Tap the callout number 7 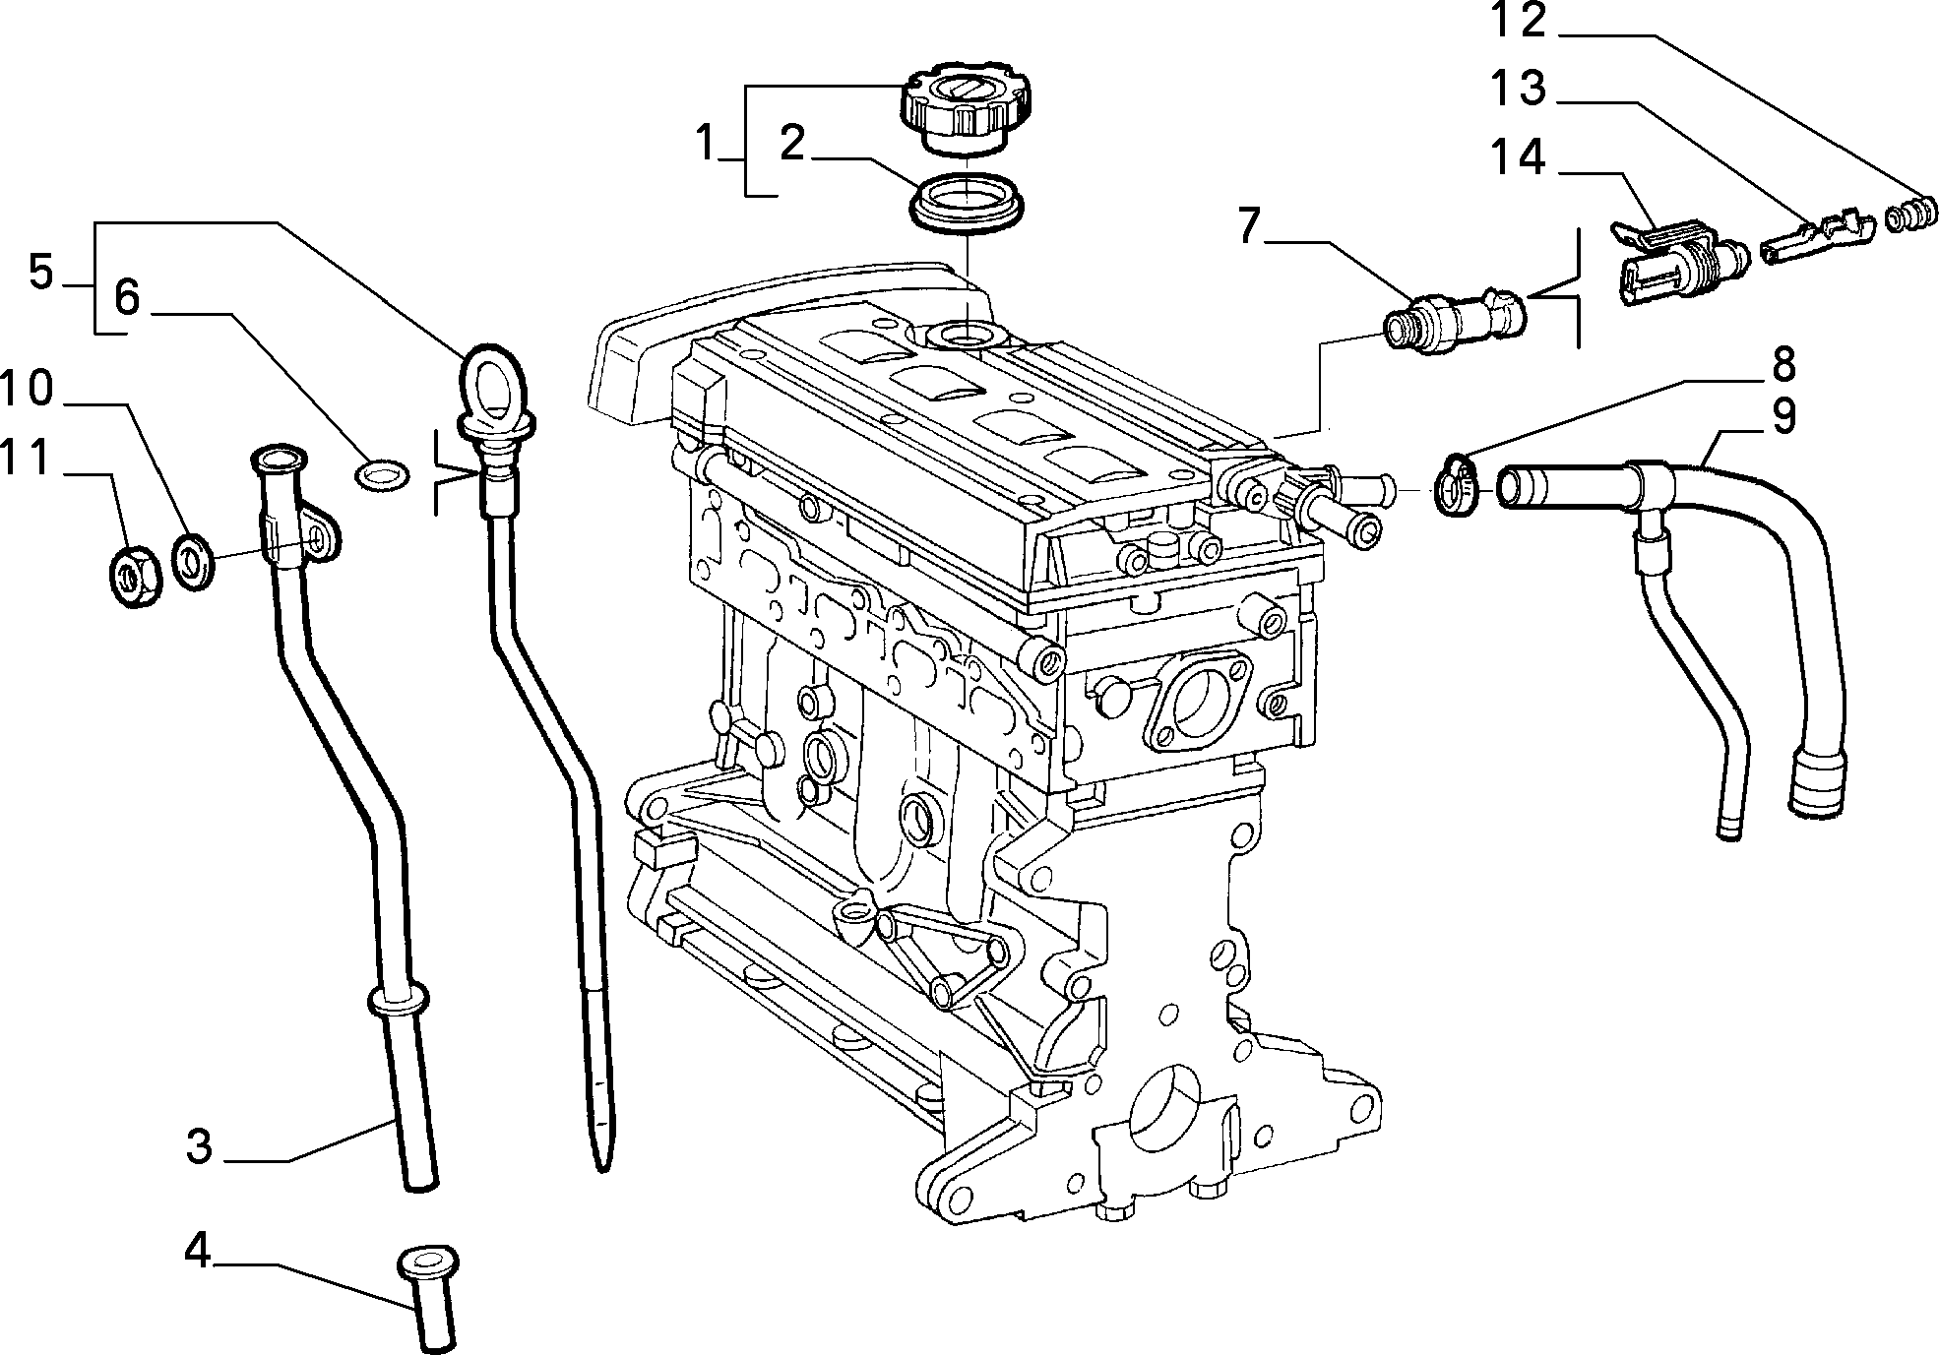1249,226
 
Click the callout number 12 1518,21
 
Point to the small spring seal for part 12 1911,216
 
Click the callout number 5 40,272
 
